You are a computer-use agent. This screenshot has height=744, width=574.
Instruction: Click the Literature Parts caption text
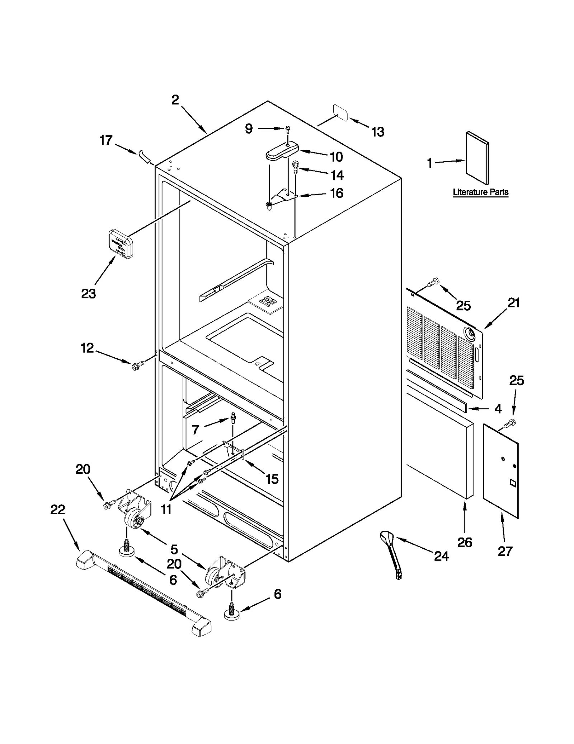point(480,192)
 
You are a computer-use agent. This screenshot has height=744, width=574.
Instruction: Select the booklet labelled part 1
point(477,158)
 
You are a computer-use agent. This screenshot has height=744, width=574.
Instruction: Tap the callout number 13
point(378,132)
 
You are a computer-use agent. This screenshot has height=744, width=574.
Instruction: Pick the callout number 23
point(89,293)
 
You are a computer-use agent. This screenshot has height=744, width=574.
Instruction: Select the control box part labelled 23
point(121,243)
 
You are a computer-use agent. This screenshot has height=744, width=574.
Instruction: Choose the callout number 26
point(465,543)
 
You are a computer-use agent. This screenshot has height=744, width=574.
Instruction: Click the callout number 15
point(272,478)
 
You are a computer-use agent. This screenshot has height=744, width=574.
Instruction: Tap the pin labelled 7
point(234,418)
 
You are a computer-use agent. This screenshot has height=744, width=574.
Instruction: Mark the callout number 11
point(166,509)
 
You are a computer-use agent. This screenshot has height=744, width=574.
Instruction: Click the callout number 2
point(175,99)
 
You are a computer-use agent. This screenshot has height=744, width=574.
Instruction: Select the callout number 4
point(498,409)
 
